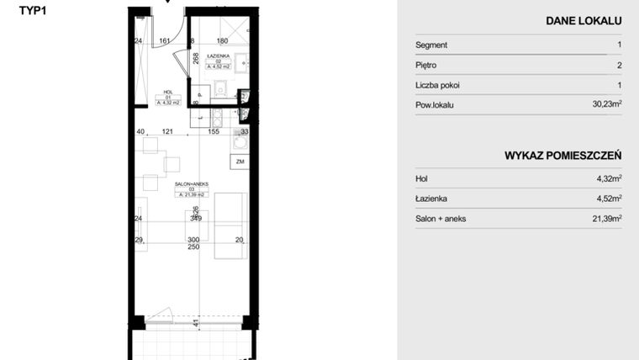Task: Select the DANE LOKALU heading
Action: (584, 20)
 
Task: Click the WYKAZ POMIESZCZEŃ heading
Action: (562, 156)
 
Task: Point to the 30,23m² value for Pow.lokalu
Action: (605, 105)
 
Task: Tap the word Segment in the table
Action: (431, 45)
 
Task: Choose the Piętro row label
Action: (426, 66)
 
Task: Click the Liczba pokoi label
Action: (437, 85)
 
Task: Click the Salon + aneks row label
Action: (441, 219)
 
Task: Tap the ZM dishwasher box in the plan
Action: (240, 161)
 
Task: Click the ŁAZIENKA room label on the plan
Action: (219, 55)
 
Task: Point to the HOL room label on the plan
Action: (166, 93)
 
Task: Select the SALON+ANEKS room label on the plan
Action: (191, 184)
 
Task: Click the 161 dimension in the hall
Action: (166, 40)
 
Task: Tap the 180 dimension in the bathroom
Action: (223, 40)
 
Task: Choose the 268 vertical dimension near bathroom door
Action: (195, 59)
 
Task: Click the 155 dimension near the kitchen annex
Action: (214, 132)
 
